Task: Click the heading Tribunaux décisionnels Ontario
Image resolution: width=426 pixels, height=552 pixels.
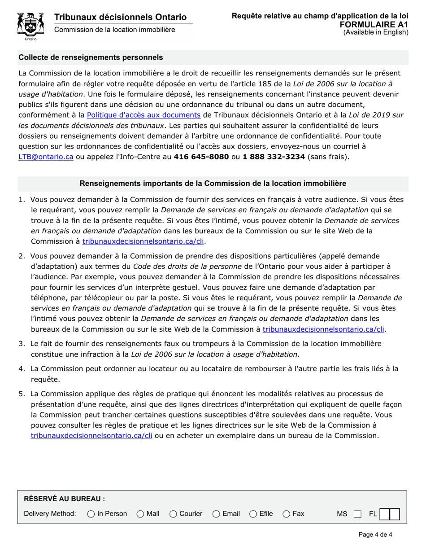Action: [120, 17]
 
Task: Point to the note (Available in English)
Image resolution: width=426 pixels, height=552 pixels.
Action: [376, 32]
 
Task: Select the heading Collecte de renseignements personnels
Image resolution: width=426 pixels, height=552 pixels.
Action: [91, 57]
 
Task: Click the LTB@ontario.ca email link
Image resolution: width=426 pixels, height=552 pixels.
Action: [46, 157]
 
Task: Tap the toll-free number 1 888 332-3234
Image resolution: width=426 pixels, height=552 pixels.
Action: [274, 157]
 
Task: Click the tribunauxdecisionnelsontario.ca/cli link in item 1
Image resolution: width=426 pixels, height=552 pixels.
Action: [143, 241]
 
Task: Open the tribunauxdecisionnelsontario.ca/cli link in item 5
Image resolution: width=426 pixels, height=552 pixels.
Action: [91, 435]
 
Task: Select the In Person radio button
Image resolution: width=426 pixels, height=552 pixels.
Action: [91, 513]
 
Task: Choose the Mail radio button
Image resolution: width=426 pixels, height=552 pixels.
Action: [140, 513]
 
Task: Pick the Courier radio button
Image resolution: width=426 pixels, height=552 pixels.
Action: [174, 513]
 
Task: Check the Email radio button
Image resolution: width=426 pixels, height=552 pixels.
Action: [216, 513]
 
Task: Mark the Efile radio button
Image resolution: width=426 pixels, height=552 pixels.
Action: [253, 513]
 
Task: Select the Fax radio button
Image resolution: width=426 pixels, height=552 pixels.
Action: [286, 513]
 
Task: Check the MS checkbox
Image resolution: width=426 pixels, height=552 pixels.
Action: [357, 514]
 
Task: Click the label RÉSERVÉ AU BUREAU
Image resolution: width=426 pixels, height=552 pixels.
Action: [64, 499]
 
